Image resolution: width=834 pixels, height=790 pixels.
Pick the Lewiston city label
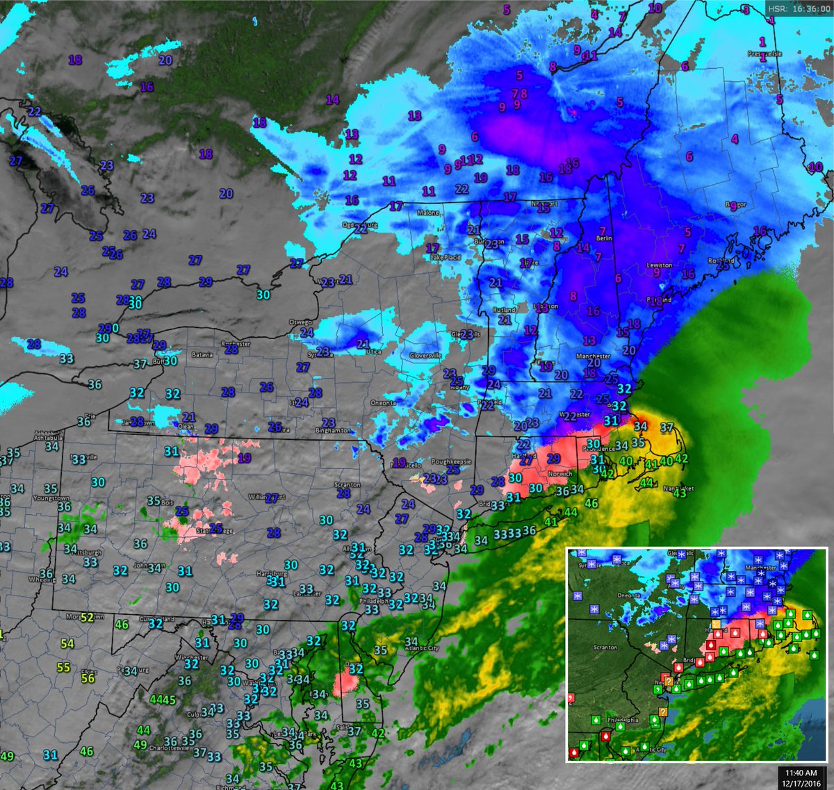[660, 265]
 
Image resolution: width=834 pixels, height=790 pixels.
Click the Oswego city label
[302, 322]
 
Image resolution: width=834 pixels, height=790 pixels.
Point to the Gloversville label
[425, 355]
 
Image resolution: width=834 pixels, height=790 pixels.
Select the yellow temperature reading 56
[88, 678]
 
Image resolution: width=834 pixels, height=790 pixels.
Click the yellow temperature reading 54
[67, 644]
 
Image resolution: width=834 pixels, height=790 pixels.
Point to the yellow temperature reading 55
[63, 667]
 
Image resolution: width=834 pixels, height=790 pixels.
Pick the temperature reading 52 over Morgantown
[87, 617]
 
